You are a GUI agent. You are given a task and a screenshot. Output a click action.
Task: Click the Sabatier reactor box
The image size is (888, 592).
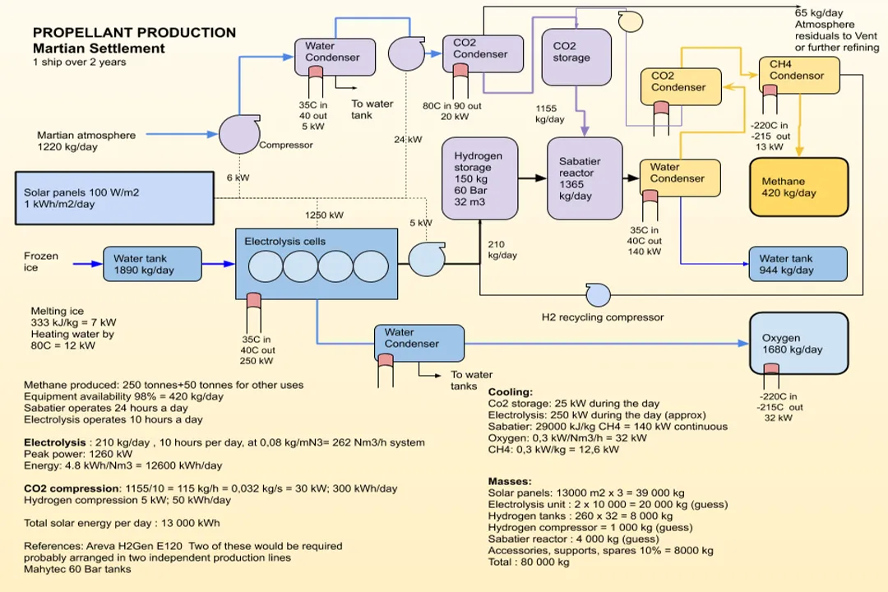tap(585, 178)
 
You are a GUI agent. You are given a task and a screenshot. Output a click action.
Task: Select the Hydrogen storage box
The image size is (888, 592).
tap(479, 178)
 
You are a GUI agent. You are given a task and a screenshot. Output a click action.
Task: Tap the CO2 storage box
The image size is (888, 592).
tap(576, 56)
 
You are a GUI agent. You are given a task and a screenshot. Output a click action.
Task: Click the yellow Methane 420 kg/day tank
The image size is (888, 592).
tap(798, 187)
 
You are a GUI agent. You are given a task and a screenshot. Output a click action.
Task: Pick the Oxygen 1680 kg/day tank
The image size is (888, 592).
tap(798, 343)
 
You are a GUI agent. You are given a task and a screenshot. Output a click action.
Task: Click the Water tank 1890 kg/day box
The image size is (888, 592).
tap(151, 264)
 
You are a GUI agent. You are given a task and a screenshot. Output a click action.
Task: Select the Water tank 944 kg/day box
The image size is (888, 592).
tap(797, 264)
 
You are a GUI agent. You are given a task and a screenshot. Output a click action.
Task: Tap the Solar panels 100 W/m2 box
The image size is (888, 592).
tap(114, 198)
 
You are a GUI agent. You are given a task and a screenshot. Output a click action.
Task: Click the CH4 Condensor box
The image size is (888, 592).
tap(802, 76)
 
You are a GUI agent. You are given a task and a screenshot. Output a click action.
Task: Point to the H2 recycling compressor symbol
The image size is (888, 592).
tap(598, 294)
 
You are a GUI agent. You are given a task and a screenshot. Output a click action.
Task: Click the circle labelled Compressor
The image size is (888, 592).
tap(239, 135)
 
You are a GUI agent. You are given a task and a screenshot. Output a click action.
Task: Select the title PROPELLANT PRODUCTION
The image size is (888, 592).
tap(134, 33)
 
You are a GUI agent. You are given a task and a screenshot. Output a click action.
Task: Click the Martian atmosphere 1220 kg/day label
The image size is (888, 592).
tap(86, 141)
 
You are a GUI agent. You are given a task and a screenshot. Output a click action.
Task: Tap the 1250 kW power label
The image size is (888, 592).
tap(325, 215)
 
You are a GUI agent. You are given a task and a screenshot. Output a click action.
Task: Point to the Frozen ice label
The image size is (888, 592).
tap(41, 261)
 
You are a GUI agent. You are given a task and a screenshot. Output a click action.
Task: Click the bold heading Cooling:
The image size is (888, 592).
tap(510, 392)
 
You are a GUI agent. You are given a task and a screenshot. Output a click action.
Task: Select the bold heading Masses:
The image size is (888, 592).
tap(509, 481)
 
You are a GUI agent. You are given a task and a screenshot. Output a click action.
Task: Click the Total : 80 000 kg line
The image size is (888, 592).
tap(528, 562)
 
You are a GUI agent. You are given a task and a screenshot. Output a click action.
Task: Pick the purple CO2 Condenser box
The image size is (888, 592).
tap(488, 53)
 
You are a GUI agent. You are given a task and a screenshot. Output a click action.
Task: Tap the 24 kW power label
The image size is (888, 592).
tap(407, 140)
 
